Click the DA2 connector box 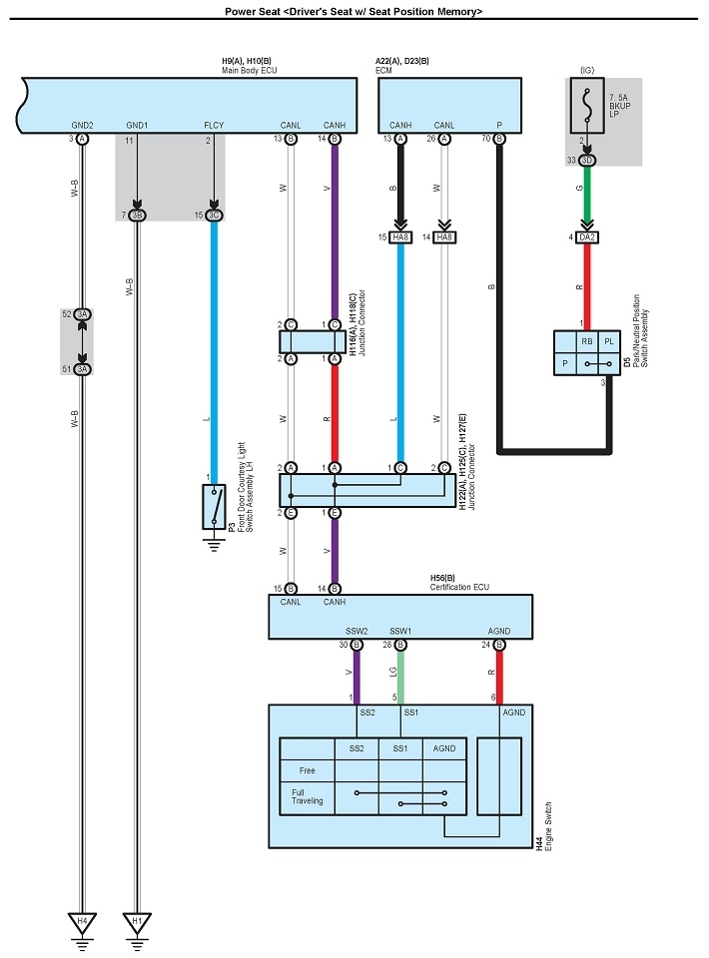point(587,237)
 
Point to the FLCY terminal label point(214,125)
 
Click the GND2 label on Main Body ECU point(82,125)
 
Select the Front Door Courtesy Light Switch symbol point(214,507)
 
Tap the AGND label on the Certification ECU point(499,632)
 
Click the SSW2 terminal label point(356,632)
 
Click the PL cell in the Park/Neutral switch point(608,342)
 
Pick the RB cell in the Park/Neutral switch point(586,342)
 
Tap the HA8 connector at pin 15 point(401,237)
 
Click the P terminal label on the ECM point(499,125)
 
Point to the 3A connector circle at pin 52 point(83,313)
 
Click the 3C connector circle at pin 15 point(214,215)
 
